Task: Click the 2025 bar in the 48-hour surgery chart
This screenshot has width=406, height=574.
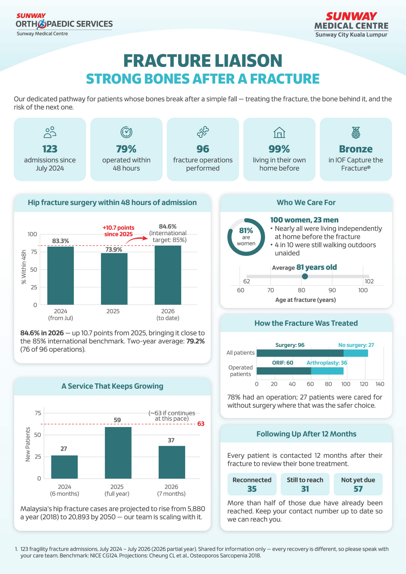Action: tap(114, 279)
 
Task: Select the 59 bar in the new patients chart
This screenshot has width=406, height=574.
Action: tap(118, 452)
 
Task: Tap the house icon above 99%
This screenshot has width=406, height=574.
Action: tap(279, 132)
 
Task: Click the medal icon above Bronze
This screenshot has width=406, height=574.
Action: tap(356, 132)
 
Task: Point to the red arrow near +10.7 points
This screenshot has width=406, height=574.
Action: tap(137, 239)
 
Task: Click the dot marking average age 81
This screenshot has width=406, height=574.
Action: tap(305, 276)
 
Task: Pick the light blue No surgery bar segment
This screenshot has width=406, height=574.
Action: tap(356, 353)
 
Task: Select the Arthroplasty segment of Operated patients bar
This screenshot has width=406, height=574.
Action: tap(327, 371)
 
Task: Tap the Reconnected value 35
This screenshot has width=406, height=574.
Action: tap(252, 489)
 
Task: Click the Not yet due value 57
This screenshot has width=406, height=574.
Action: tap(358, 489)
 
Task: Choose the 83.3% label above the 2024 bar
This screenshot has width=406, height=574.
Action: tap(60, 241)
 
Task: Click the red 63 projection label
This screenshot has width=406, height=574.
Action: tap(201, 423)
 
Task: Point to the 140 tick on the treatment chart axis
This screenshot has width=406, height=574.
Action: tap(380, 384)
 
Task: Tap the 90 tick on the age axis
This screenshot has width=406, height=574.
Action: tap(332, 290)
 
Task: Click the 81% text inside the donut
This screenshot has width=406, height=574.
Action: tap(246, 230)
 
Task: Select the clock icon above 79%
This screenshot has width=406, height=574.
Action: tap(126, 132)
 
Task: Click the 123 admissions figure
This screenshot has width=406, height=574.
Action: tap(50, 149)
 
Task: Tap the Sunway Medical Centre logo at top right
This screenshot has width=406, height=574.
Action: tap(351, 25)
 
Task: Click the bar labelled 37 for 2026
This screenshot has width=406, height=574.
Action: tap(172, 462)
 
